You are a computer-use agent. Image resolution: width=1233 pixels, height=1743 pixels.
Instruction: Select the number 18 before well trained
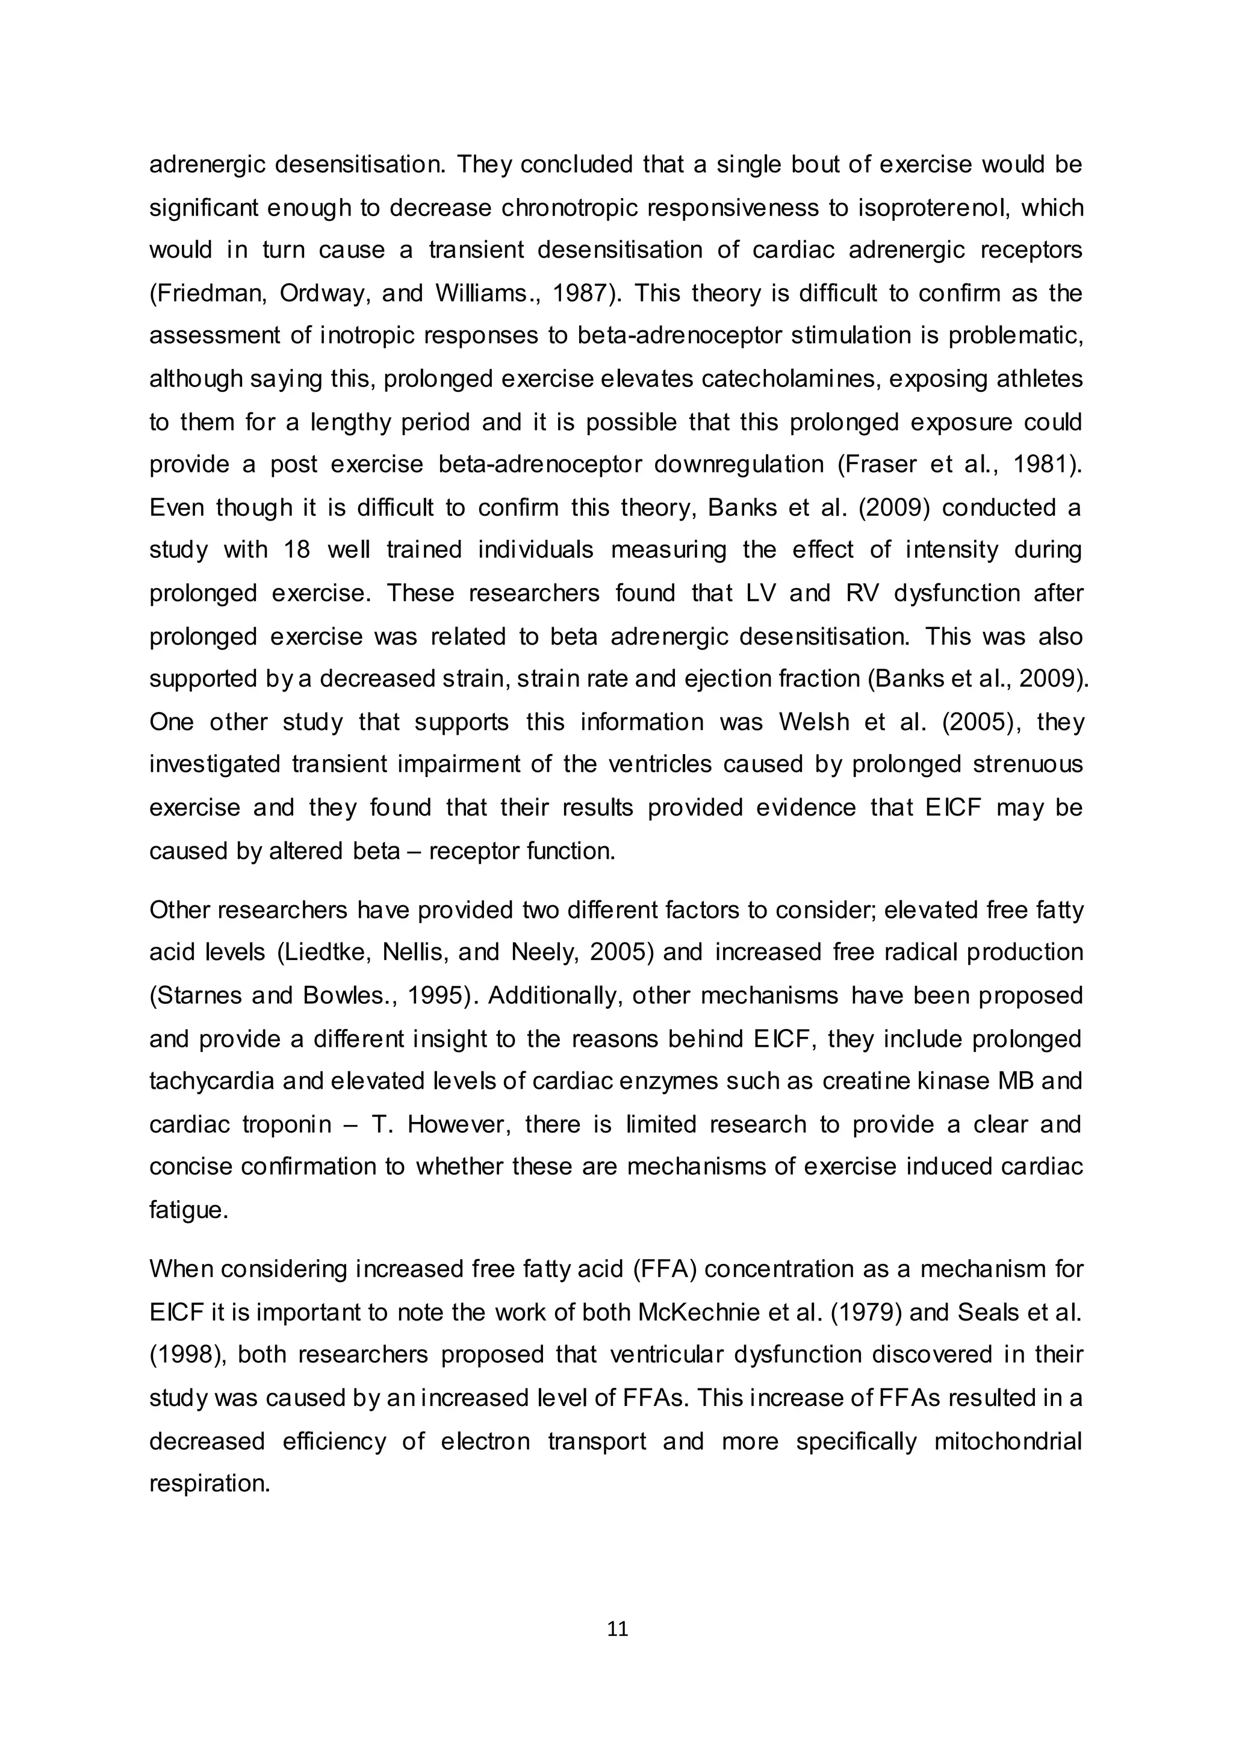pyautogui.click(x=297, y=550)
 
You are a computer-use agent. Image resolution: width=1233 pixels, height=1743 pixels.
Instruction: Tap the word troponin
pyautogui.click(x=287, y=1124)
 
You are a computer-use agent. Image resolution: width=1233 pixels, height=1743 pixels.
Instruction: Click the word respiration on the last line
pyautogui.click(x=210, y=1484)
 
